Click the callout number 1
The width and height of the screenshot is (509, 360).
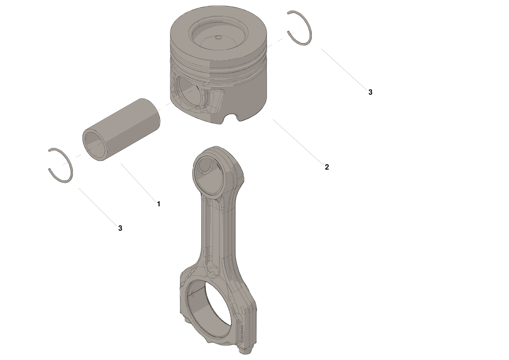click(x=159, y=204)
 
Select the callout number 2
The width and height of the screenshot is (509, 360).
click(x=327, y=167)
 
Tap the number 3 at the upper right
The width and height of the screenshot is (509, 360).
click(x=370, y=92)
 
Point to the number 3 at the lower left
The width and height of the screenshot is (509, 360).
click(x=120, y=228)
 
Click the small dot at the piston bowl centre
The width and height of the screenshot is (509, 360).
click(x=218, y=37)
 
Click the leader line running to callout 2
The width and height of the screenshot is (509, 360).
click(x=297, y=140)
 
